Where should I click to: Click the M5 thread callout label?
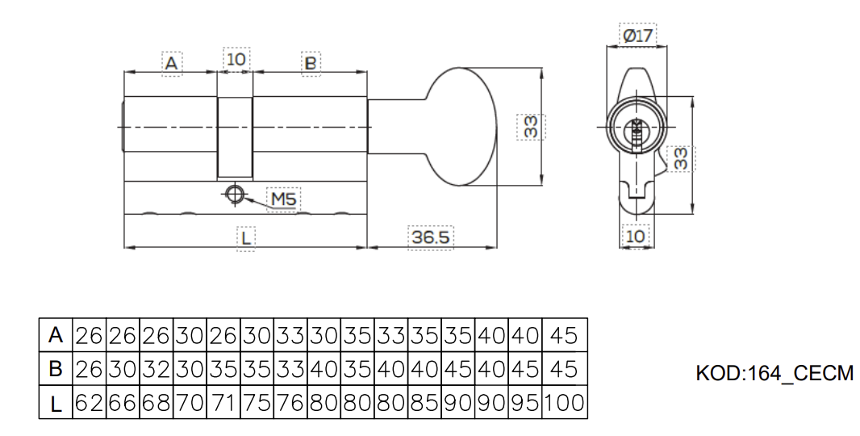click(283, 199)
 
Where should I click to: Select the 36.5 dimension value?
click(431, 237)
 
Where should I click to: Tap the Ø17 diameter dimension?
click(638, 36)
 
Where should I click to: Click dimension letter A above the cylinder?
click(172, 63)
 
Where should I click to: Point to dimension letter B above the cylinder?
click(311, 63)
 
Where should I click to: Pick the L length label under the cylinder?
click(246, 238)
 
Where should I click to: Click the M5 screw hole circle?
click(236, 195)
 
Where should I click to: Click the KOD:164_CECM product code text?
click(774, 373)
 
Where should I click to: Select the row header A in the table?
click(56, 334)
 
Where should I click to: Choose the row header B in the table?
click(56, 368)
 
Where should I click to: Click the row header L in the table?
click(56, 404)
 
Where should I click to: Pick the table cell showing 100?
click(565, 403)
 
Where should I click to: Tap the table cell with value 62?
click(90, 403)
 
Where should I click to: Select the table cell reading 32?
click(157, 368)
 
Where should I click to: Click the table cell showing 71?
click(223, 403)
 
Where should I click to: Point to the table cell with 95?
click(525, 403)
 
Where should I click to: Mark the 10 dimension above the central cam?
click(236, 59)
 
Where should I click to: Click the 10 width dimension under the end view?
click(635, 237)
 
